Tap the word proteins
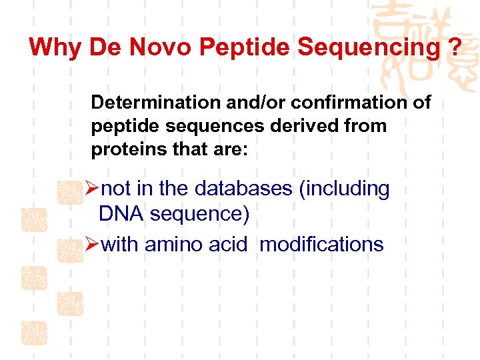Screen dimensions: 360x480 click(127, 149)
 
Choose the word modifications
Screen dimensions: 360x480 click(321, 245)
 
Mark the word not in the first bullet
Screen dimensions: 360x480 click(119, 189)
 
